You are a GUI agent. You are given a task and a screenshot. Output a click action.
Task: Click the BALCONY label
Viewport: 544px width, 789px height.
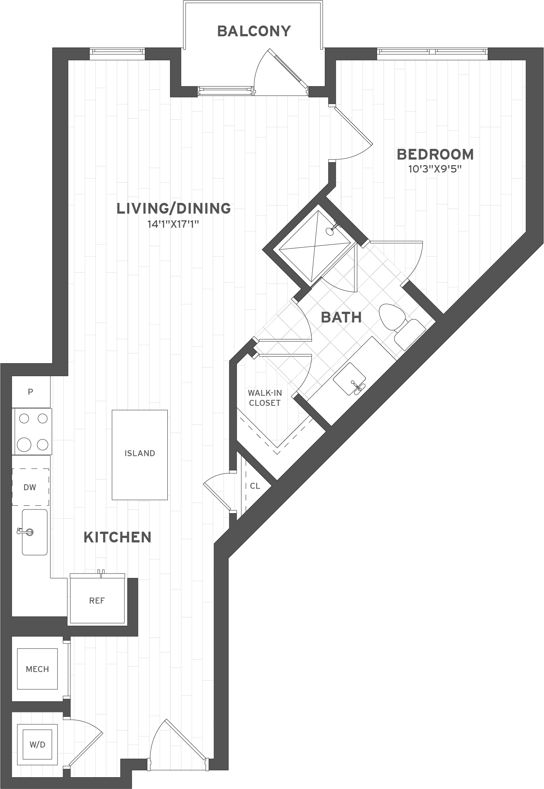click(254, 31)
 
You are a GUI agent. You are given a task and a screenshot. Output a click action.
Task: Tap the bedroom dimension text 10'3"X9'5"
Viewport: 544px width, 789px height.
click(435, 169)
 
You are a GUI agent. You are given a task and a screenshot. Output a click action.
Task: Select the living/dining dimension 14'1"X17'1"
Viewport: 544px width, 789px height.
click(174, 224)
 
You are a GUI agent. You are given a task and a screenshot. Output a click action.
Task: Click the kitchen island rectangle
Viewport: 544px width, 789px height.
click(140, 455)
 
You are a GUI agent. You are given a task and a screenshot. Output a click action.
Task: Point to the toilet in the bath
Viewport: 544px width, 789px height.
click(402, 325)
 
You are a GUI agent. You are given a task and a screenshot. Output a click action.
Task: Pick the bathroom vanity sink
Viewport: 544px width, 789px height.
click(350, 379)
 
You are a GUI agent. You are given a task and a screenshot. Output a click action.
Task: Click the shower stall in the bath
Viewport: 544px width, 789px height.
click(314, 246)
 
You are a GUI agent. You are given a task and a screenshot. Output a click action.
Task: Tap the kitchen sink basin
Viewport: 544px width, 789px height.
click(35, 532)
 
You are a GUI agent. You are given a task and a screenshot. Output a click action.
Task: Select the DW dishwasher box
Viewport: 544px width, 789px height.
click(30, 487)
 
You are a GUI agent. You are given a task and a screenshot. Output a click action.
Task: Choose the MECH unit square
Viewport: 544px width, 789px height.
click(37, 669)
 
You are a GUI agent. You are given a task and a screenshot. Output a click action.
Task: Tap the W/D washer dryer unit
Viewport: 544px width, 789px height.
click(37, 745)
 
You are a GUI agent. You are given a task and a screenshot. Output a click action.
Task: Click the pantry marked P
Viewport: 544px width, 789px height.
click(31, 392)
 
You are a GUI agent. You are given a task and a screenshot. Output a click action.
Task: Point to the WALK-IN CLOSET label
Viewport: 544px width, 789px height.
click(265, 398)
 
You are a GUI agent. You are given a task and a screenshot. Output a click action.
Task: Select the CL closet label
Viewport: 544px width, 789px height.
click(255, 486)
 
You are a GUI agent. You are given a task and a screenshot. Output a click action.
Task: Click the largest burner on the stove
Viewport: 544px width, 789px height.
click(24, 444)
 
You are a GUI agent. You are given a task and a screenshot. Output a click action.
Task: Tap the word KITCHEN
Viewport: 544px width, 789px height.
click(117, 537)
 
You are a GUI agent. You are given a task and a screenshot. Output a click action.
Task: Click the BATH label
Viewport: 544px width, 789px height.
click(341, 317)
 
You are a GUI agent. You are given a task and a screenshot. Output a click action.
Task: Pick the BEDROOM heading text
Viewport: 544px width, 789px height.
click(435, 154)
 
